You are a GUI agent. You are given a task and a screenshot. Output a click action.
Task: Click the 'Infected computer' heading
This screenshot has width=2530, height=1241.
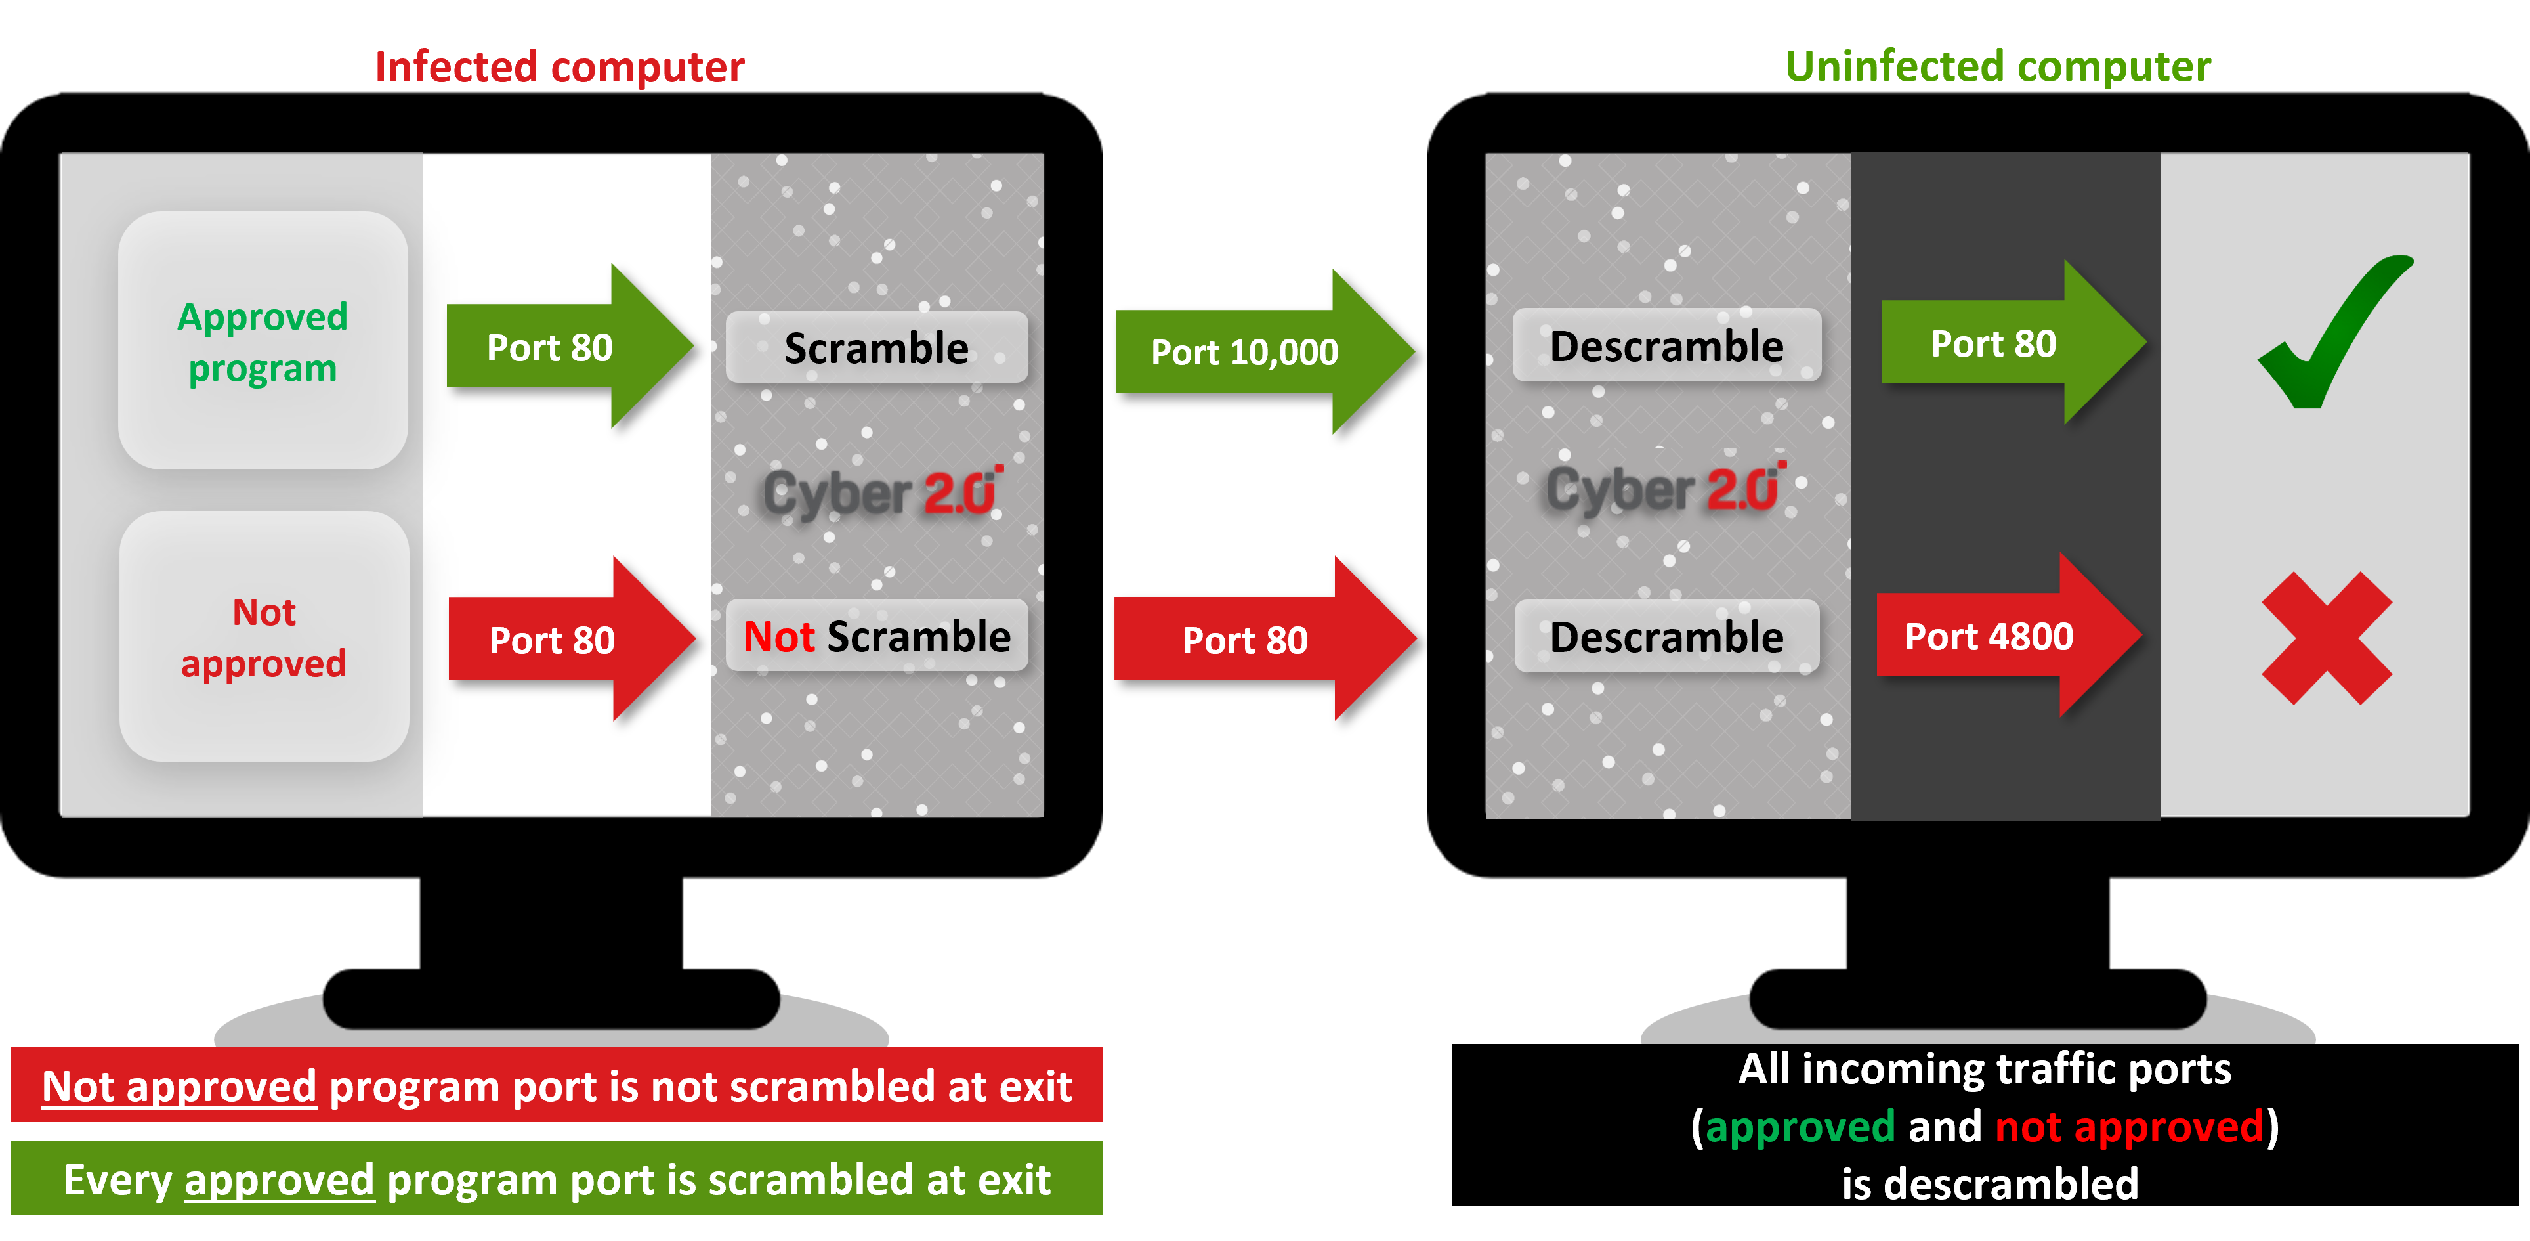pos(559,67)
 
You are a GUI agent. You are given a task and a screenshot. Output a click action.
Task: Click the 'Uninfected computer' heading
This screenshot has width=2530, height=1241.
pos(1998,67)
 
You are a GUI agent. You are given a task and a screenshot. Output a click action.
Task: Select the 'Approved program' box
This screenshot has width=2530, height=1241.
pos(263,340)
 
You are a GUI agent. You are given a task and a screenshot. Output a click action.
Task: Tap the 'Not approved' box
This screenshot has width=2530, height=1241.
pos(263,637)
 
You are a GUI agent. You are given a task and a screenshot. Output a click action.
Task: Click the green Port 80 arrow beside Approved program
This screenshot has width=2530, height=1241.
pos(560,347)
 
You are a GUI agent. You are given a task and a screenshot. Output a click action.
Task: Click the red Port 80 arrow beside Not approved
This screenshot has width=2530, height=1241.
pos(562,640)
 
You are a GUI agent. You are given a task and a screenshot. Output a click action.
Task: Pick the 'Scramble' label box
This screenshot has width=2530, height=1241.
pos(876,348)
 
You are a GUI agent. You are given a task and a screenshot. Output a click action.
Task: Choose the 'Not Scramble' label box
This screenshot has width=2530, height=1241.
pos(876,637)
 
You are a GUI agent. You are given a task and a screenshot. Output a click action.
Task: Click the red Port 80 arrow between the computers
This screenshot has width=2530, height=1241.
pos(1252,640)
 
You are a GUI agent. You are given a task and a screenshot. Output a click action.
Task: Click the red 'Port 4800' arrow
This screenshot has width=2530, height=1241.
pos(1998,637)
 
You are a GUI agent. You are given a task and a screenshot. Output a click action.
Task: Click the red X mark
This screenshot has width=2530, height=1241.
pos(2326,639)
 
